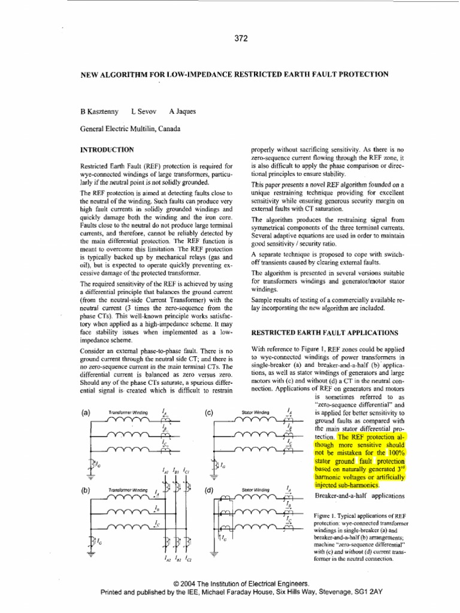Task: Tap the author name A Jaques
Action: pyautogui.click(x=183, y=112)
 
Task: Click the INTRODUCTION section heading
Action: pyautogui.click(x=107, y=149)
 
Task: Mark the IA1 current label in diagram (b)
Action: pyautogui.click(x=165, y=471)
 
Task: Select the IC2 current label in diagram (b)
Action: pyautogui.click(x=189, y=560)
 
